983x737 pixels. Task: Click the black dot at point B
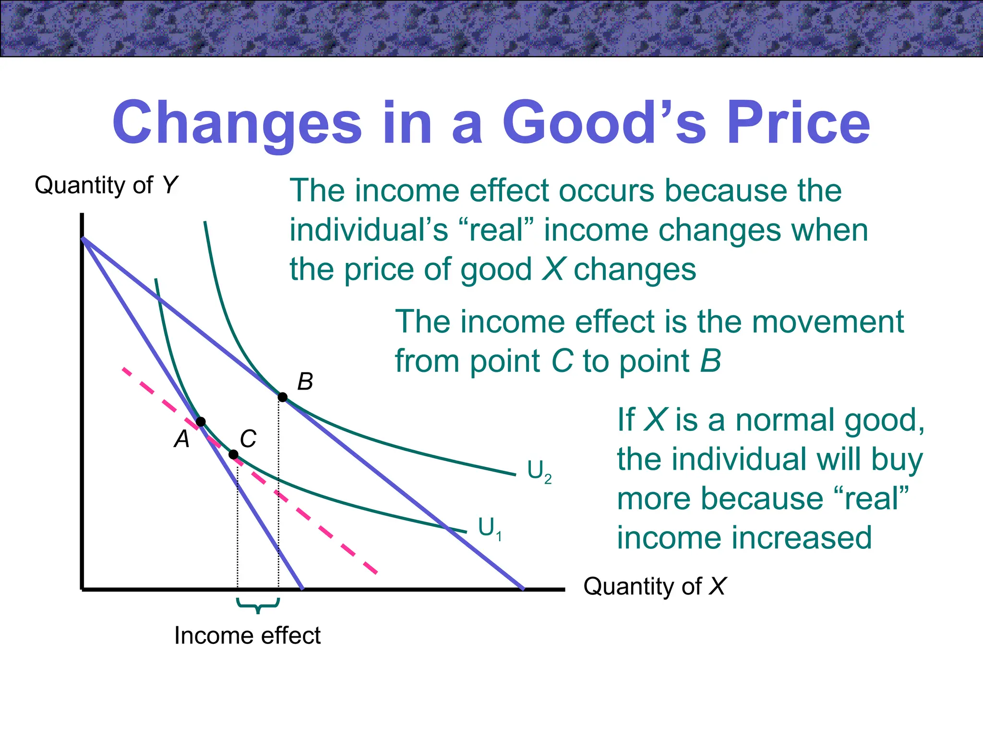pyautogui.click(x=283, y=397)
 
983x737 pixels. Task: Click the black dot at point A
pyautogui.click(x=201, y=422)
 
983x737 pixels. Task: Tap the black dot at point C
pyautogui.click(x=234, y=454)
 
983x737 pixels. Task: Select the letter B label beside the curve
pyautogui.click(x=305, y=382)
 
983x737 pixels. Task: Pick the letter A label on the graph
pyautogui.click(x=182, y=439)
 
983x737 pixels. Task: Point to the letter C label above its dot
pyautogui.click(x=248, y=439)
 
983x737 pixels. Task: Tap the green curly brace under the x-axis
pyautogui.click(x=258, y=606)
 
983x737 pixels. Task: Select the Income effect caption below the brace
pyautogui.click(x=247, y=636)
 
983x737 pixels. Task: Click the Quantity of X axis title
pyautogui.click(x=654, y=586)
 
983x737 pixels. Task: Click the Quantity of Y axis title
pyautogui.click(x=106, y=185)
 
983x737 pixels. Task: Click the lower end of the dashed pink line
pyautogui.click(x=376, y=572)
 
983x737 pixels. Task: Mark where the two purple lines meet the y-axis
pyautogui.click(x=83, y=238)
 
